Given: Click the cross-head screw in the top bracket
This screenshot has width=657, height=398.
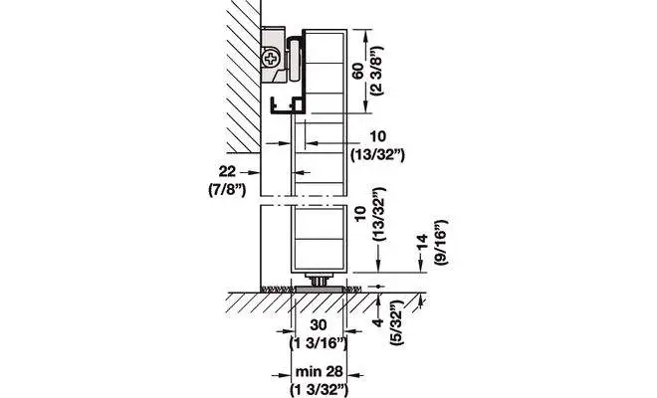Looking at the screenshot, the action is [271, 59].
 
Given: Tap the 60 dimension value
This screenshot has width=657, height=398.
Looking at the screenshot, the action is [358, 72].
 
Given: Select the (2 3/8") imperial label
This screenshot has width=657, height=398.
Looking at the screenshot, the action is [376, 71].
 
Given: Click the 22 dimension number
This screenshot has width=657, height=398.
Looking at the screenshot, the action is [228, 171].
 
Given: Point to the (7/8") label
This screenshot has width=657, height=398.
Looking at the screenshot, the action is [227, 190].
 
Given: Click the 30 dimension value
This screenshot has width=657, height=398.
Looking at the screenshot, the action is [319, 324].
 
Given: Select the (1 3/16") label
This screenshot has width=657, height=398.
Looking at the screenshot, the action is [319, 343].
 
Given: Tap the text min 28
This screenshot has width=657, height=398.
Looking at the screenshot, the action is [320, 371].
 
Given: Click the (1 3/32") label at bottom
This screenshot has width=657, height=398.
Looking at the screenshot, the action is [320, 390].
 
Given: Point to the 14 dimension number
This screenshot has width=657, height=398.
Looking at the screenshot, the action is [423, 242].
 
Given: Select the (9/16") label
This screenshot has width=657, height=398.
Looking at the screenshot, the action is [441, 242].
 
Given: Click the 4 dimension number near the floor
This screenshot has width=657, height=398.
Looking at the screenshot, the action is [378, 322].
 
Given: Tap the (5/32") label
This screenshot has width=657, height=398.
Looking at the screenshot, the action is [397, 322].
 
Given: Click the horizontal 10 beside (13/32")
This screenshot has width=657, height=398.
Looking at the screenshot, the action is [378, 136].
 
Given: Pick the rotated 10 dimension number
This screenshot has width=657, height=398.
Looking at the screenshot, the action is [360, 214].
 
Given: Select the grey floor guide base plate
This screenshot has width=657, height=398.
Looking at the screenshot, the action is [319, 290].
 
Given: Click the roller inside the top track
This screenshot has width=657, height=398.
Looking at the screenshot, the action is [295, 59].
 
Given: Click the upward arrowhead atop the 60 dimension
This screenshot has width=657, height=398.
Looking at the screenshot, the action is [366, 36].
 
